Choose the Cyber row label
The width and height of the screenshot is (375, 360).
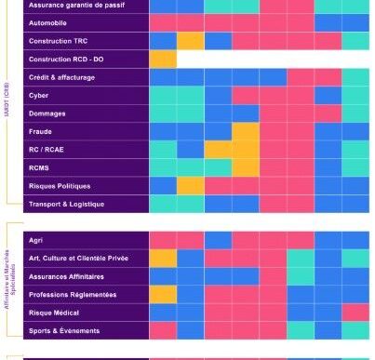point(39,95)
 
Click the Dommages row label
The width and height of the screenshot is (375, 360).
point(47,113)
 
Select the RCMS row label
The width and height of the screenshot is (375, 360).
point(41,167)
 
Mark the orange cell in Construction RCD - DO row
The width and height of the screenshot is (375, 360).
point(163,60)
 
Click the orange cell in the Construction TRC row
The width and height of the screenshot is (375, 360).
point(191,42)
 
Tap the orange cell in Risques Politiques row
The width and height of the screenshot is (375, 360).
point(191,186)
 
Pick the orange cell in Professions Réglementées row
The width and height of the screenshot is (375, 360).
point(163,295)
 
